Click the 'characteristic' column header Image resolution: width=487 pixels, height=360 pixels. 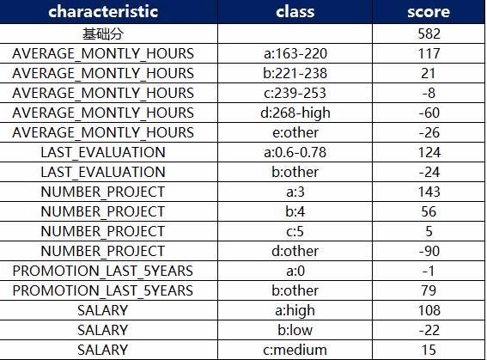click(103, 11)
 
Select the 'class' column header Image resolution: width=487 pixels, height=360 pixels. click(295, 11)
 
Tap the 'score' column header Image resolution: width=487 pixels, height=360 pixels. click(429, 11)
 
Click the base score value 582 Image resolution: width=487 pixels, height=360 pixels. click(429, 34)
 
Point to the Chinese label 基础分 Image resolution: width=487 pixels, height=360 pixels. click(103, 34)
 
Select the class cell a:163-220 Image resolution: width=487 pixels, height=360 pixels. click(295, 53)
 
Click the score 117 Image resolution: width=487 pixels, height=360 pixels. click(429, 53)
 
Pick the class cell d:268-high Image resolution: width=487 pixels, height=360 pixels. click(295, 113)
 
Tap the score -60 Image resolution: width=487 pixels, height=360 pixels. click(429, 113)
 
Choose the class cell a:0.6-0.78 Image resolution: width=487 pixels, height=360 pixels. click(295, 152)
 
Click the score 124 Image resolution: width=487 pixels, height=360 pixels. click(429, 152)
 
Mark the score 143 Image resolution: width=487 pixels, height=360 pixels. click(429, 192)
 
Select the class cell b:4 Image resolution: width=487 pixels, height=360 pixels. click(295, 211)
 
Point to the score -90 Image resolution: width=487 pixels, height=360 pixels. click(429, 251)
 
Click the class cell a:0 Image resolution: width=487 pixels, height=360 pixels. click(295, 271)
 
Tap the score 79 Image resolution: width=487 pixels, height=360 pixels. click(429, 290)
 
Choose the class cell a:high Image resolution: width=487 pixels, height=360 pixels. click(295, 311)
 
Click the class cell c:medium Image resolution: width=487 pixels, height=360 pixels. click(295, 350)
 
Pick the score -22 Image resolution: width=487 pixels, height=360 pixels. click(429, 330)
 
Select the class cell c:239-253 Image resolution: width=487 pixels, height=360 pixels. click(295, 93)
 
